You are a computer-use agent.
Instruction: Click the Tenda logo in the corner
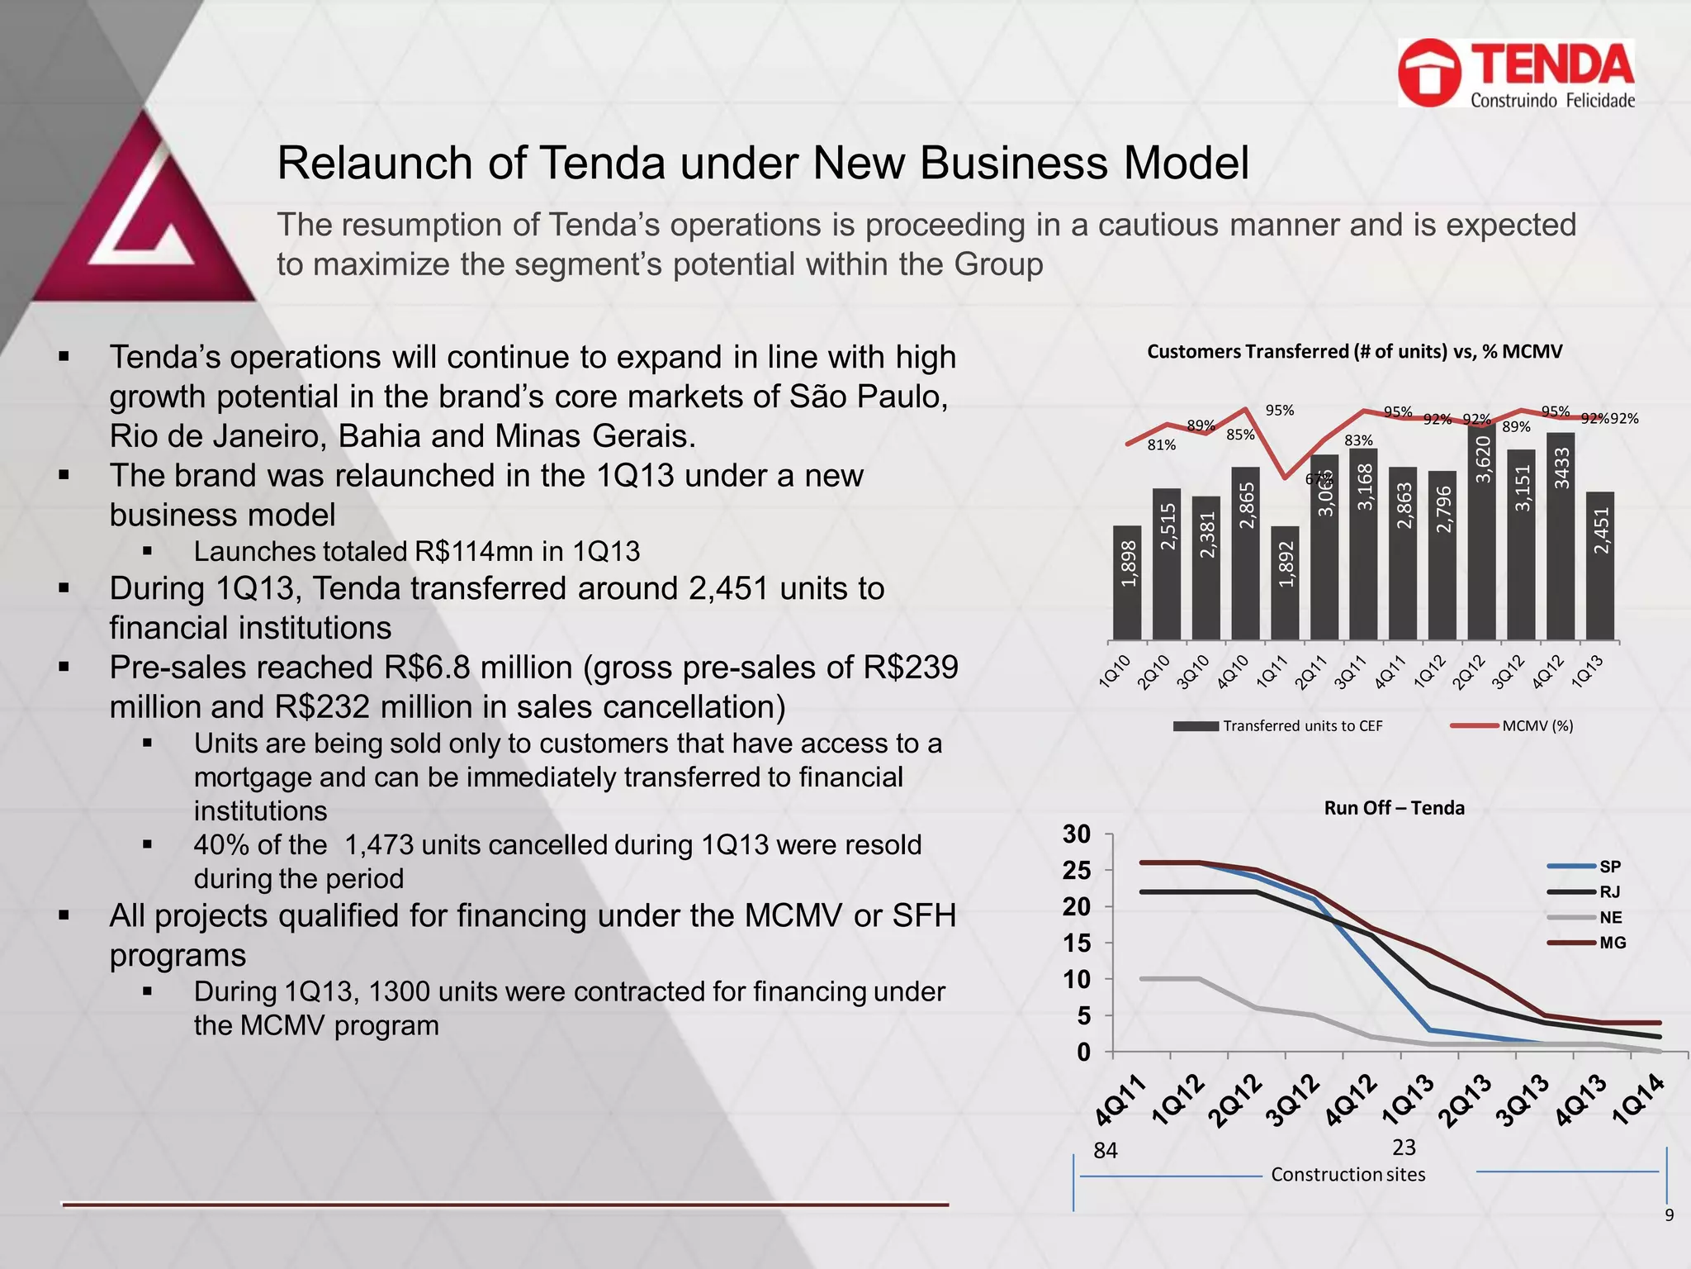point(1516,74)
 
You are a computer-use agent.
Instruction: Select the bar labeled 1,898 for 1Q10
point(1127,582)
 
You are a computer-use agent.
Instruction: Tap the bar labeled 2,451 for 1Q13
point(1600,565)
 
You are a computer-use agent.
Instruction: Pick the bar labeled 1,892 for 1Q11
point(1285,582)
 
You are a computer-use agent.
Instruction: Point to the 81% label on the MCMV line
point(1162,445)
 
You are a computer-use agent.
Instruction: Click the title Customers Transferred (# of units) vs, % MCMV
point(1354,352)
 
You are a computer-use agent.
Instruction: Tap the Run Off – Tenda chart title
point(1394,808)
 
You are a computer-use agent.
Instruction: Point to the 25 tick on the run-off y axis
point(1077,871)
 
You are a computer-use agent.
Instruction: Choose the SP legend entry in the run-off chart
point(1609,867)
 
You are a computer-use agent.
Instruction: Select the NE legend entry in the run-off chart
point(1610,918)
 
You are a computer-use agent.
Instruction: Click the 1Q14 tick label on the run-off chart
point(1640,1100)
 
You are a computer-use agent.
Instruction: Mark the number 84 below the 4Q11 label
point(1105,1151)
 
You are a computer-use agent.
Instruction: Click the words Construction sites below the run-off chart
point(1348,1175)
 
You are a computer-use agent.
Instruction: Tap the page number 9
point(1669,1215)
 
